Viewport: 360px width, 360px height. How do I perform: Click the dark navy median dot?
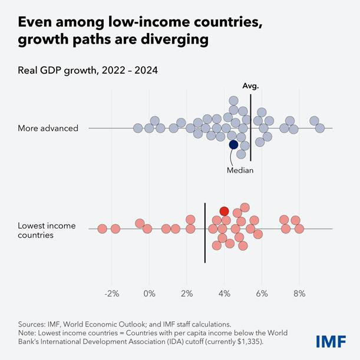coord(233,144)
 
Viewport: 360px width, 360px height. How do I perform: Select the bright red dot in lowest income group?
coord(224,211)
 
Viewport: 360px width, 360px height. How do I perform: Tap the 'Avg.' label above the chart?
coord(250,86)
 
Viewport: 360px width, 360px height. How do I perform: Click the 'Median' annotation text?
coord(240,170)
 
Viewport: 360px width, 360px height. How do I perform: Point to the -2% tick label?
coord(111,293)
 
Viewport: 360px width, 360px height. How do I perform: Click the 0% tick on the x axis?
coord(149,293)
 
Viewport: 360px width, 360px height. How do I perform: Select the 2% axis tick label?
coord(187,293)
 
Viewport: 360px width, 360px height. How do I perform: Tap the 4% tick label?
coord(224,293)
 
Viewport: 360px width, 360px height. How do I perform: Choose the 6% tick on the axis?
coord(262,293)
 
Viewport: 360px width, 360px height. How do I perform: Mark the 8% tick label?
coord(299,293)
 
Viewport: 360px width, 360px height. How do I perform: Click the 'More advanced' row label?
coord(48,128)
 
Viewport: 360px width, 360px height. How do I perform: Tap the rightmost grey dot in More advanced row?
coord(320,128)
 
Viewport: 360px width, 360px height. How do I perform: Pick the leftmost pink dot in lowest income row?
coord(102,229)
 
